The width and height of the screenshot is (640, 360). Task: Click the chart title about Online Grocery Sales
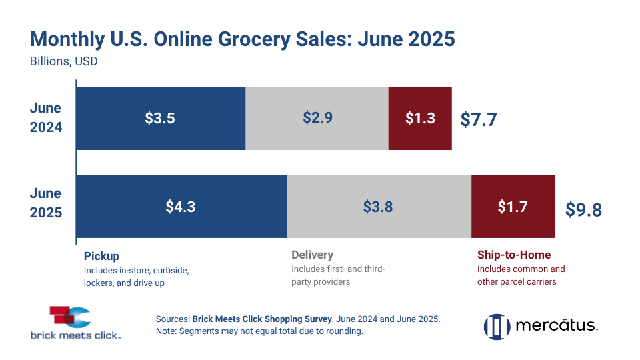pos(242,39)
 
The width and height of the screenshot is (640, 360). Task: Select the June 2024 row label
pos(45,117)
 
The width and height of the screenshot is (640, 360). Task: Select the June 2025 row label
pos(45,203)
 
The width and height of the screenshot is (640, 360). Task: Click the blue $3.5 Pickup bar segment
pos(161,119)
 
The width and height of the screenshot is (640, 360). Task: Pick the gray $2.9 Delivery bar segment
pos(317,119)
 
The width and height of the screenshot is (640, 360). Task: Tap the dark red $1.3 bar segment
pos(420,119)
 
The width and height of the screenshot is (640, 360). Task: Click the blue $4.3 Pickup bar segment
pos(181,207)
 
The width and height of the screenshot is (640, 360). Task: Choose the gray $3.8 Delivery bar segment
pos(379,207)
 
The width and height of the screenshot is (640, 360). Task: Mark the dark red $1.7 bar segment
pos(513,207)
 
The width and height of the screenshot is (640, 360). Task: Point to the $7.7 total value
pos(479,120)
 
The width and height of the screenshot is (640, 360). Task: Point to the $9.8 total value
pos(583,210)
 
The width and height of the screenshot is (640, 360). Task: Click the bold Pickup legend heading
pos(101,255)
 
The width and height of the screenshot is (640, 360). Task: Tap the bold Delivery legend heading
pos(312,255)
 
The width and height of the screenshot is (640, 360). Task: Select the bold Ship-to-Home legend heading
pos(514,255)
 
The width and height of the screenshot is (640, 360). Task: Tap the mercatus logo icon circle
pos(497,326)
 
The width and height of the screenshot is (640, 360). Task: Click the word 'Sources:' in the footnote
pos(173,319)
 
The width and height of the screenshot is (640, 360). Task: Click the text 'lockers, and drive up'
pos(124,283)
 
